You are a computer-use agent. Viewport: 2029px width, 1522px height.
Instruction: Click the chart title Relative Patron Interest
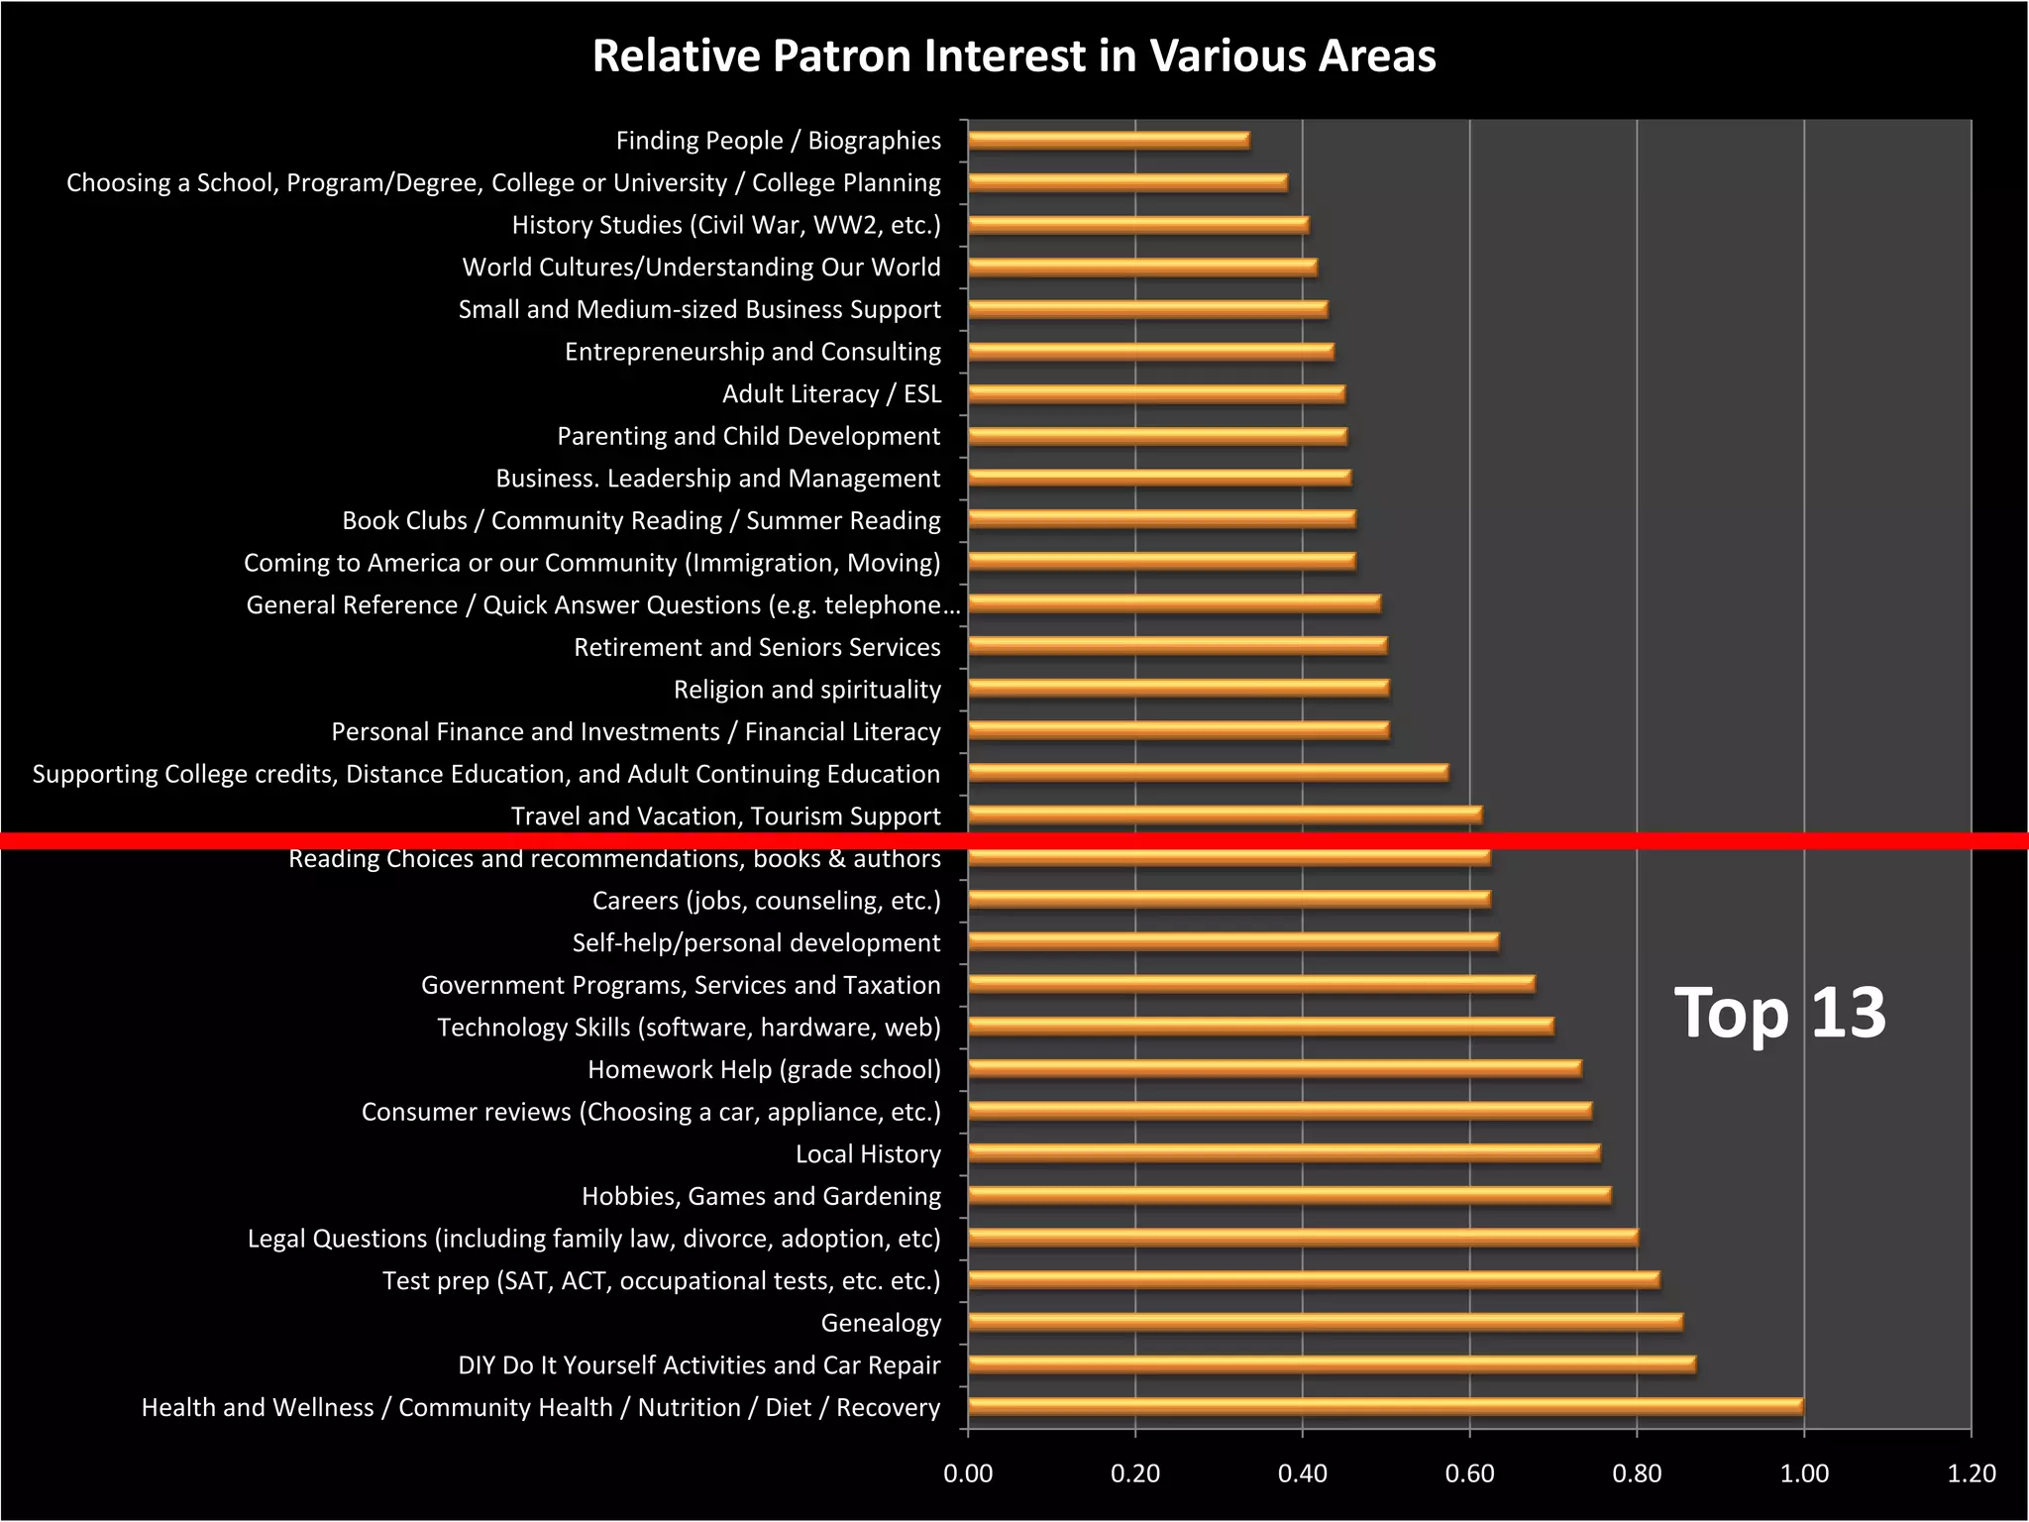[1014, 56]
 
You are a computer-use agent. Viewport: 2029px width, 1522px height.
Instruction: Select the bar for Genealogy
[1325, 1322]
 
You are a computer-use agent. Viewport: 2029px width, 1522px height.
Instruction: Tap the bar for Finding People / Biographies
[1109, 140]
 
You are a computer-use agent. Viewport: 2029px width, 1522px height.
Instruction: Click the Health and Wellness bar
[1385, 1406]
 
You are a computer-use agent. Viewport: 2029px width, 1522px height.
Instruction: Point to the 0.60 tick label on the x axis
[1469, 1473]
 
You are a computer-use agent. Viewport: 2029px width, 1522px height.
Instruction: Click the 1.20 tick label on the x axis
[1971, 1473]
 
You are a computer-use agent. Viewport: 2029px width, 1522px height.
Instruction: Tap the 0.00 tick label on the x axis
[968, 1473]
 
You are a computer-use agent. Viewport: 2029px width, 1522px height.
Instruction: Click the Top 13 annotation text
[1779, 1013]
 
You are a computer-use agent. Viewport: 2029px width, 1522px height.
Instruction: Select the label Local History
[868, 1154]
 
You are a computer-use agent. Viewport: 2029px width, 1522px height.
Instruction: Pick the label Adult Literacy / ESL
[831, 394]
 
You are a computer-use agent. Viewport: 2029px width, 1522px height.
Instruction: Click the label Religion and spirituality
[806, 690]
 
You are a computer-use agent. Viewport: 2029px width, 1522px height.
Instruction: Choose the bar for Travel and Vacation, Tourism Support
[1225, 815]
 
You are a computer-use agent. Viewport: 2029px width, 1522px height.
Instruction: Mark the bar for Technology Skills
[1260, 1026]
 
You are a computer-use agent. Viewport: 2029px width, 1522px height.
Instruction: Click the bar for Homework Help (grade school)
[1274, 1068]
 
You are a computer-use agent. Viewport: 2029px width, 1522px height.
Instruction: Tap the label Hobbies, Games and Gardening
[761, 1196]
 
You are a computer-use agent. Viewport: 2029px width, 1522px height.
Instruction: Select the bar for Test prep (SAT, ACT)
[1314, 1279]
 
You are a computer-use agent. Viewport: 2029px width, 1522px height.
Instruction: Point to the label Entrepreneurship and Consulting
[752, 352]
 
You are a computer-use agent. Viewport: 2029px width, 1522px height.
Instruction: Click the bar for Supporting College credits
[1208, 772]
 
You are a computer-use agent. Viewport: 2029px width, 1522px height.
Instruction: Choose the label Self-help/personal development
[756, 943]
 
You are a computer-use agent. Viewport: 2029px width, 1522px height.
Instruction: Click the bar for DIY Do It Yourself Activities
[1332, 1364]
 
